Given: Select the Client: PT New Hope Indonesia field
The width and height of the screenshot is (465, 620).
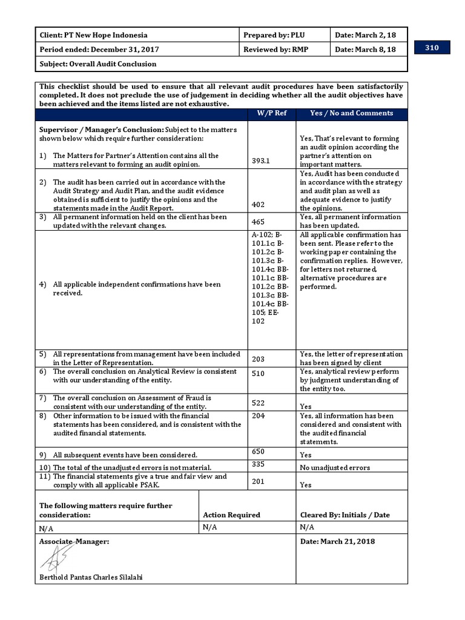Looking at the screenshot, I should coord(93,35).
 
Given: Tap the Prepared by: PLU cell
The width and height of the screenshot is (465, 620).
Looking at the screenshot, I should coord(274,35).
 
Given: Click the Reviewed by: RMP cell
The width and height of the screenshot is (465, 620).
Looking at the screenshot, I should coord(277,50).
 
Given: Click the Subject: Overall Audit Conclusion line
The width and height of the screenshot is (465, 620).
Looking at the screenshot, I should coord(98,64).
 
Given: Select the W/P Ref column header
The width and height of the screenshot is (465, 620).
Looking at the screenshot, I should coord(271,113).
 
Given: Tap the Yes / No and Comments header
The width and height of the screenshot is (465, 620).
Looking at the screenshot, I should coord(351,113).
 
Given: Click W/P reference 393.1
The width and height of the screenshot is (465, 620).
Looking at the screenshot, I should coord(261,161).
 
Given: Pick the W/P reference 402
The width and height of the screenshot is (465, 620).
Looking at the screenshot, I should coord(258,205).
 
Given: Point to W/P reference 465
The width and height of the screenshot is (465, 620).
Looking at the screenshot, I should coord(258,222).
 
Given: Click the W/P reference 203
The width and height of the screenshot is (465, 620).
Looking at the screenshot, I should coord(258,359).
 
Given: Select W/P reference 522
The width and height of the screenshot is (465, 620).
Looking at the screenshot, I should coord(258,403).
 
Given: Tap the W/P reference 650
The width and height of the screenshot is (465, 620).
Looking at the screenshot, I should coord(258,452).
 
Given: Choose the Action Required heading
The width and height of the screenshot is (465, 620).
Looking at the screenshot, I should coord(231,515).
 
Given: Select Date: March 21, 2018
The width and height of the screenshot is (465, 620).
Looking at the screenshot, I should coord(337,541).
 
